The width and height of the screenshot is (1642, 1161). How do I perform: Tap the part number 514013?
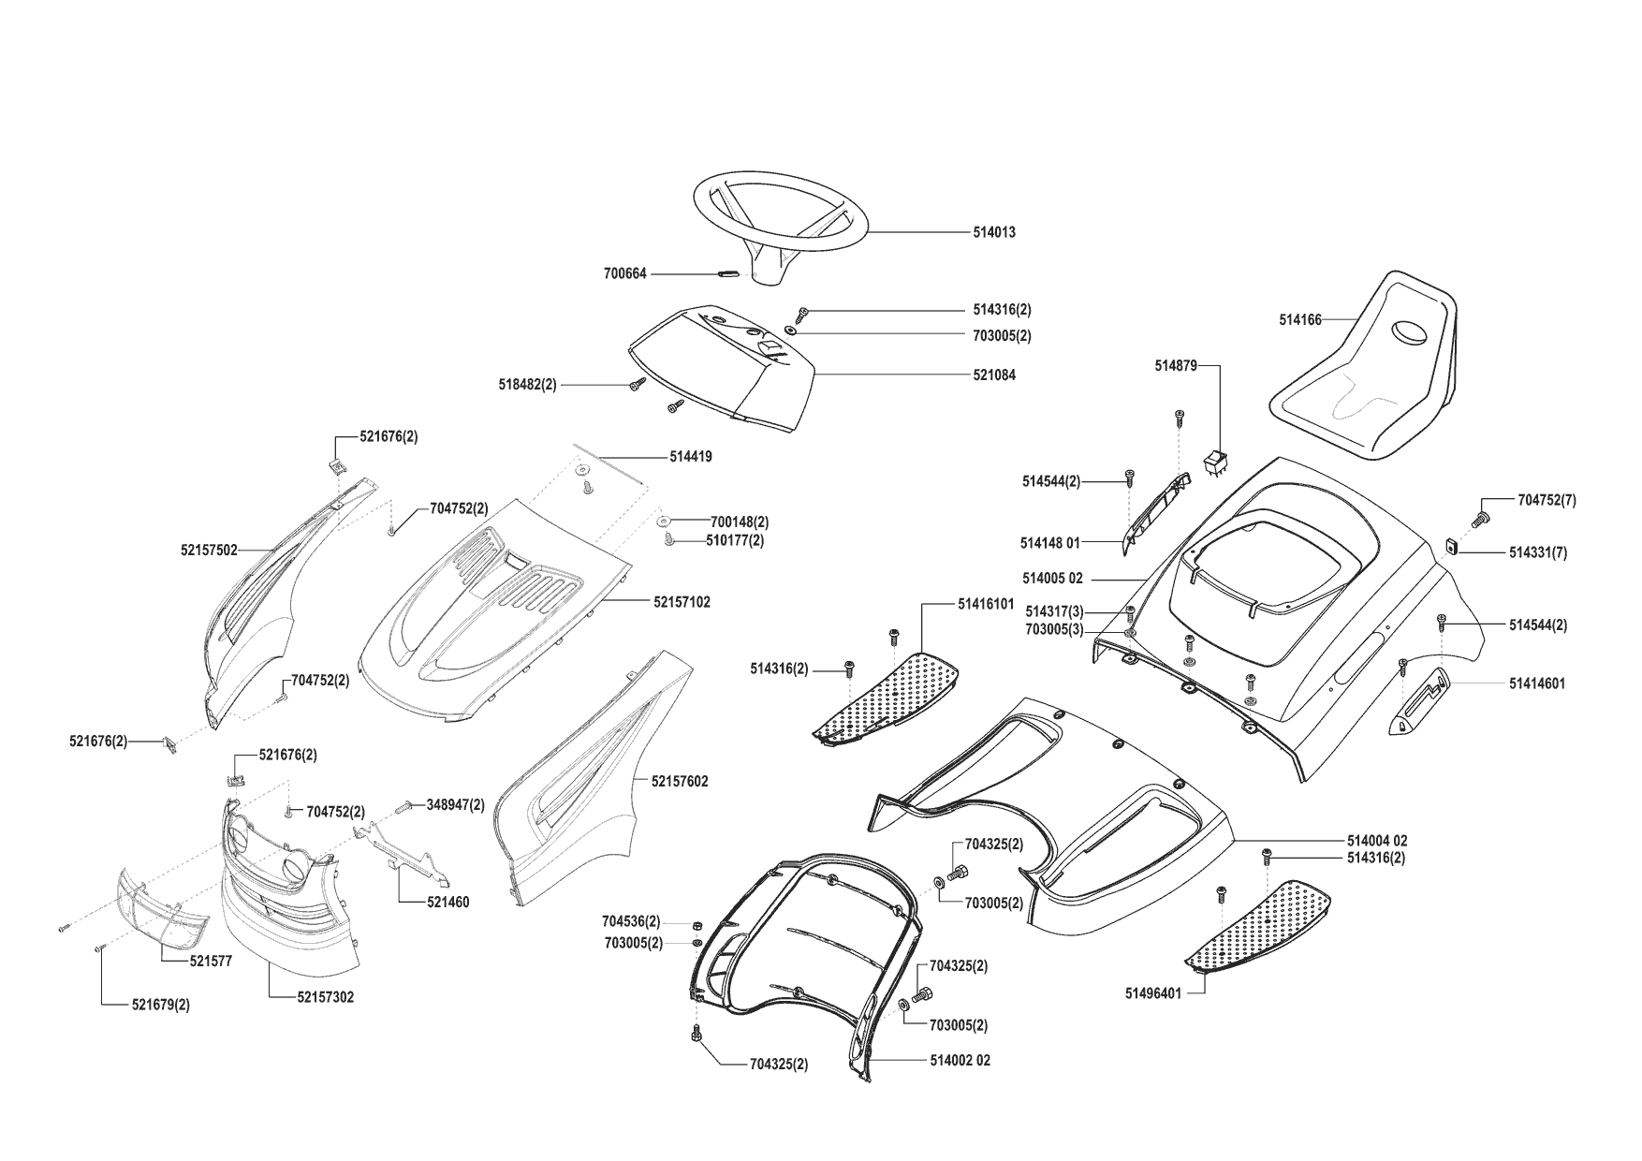point(993,232)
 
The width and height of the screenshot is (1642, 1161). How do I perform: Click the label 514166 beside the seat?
point(1299,320)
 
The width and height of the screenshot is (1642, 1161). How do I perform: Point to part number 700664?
point(624,274)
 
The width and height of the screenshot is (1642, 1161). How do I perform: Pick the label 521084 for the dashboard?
point(993,375)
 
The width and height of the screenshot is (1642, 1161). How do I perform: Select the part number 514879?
point(1175,366)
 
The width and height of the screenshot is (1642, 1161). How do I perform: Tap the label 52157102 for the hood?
point(682,602)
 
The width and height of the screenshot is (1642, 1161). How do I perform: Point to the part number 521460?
point(447,903)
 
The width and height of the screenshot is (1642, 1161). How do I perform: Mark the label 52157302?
point(326,998)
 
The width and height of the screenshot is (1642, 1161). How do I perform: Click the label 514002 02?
point(960,1061)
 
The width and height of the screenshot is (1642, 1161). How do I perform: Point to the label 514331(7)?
point(1537,553)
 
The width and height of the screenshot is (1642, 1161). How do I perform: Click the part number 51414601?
point(1536,684)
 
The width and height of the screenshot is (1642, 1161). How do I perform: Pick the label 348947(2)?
point(456,804)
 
